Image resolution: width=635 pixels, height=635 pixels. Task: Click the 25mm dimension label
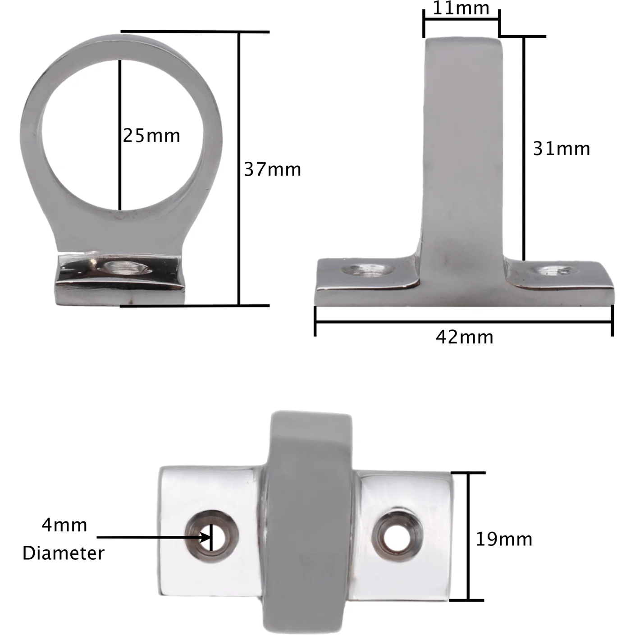tap(151, 136)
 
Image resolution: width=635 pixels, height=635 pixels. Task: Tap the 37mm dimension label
tap(273, 170)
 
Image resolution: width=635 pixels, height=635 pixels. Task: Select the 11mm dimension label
tap(461, 8)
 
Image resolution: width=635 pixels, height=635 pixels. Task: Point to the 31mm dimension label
tap(562, 149)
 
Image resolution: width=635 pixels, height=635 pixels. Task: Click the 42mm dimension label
tap(465, 337)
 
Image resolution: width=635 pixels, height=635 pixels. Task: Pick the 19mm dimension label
tap(504, 539)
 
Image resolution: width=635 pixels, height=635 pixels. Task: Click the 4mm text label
tap(64, 525)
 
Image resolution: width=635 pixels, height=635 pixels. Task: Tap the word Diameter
tap(63, 553)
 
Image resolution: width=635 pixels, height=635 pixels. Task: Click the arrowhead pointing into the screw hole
tap(206, 538)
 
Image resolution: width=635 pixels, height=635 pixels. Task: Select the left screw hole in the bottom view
tap(211, 538)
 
